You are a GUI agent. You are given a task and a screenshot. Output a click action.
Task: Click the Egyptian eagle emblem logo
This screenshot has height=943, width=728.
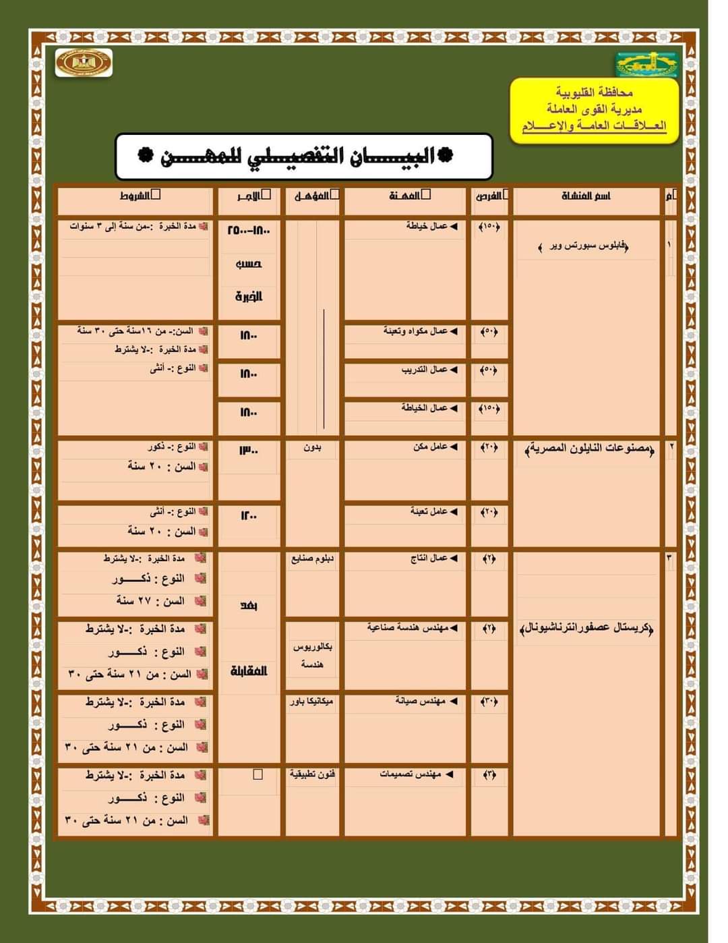84,63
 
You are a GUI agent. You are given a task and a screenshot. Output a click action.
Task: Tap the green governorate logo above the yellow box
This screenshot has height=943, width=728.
646,65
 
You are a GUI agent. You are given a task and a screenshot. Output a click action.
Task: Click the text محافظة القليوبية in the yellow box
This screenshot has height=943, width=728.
594,92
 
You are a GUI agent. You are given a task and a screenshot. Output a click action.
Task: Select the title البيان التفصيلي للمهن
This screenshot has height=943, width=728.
304,156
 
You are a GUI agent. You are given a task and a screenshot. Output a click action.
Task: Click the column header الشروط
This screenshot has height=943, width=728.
140,196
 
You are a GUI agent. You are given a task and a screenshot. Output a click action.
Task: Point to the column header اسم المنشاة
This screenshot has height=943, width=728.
586,196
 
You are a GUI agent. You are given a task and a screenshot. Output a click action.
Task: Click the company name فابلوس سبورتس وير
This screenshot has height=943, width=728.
584,247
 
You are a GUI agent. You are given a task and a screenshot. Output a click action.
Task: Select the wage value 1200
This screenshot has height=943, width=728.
248,515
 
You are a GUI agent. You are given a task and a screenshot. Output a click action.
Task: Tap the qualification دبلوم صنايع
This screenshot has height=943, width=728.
312,559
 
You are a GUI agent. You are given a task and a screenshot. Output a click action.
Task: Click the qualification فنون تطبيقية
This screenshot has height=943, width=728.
312,774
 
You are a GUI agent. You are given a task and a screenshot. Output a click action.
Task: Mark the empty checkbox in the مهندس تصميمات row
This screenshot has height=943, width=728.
257,774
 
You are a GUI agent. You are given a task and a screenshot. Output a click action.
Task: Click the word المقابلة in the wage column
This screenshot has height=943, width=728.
249,670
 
